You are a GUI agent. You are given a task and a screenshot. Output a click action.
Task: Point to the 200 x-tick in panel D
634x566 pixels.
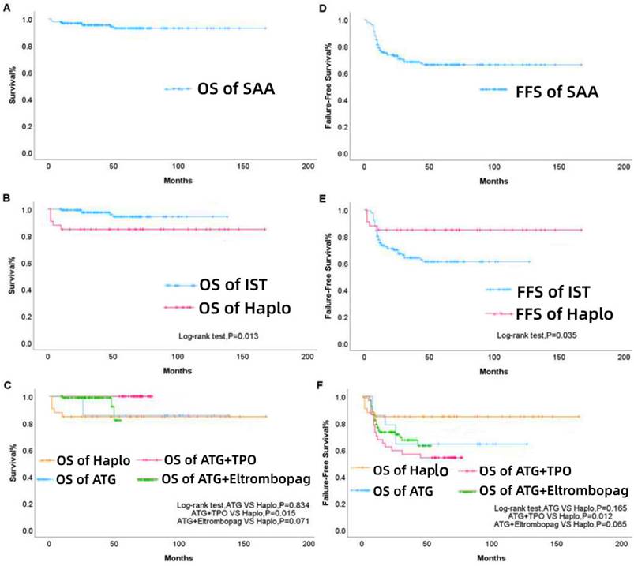(622, 167)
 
